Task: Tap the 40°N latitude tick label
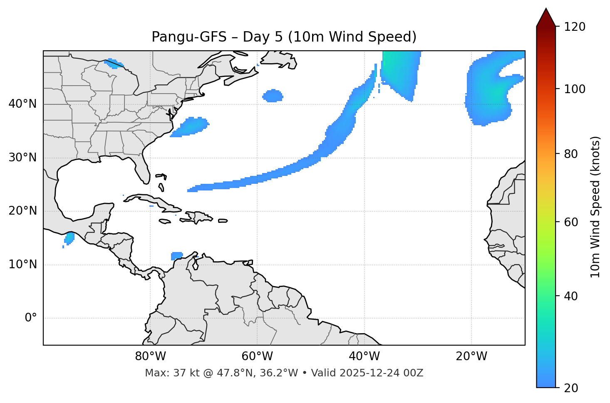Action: [22, 104]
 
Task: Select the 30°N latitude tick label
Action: [22, 158]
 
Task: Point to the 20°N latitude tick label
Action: [22, 211]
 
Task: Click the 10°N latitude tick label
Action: [22, 265]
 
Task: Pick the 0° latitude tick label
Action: [31, 318]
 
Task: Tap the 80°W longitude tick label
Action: [150, 356]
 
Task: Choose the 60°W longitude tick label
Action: [257, 356]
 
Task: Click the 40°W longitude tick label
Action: [365, 356]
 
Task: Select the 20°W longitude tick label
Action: [471, 356]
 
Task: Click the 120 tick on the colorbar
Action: [574, 27]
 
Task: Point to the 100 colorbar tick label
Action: [574, 89]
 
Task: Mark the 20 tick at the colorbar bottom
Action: [571, 388]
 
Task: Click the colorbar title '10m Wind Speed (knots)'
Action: [595, 207]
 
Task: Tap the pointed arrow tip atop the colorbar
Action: [546, 9]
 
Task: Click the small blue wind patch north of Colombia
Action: [177, 256]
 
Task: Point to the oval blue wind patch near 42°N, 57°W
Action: [273, 96]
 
